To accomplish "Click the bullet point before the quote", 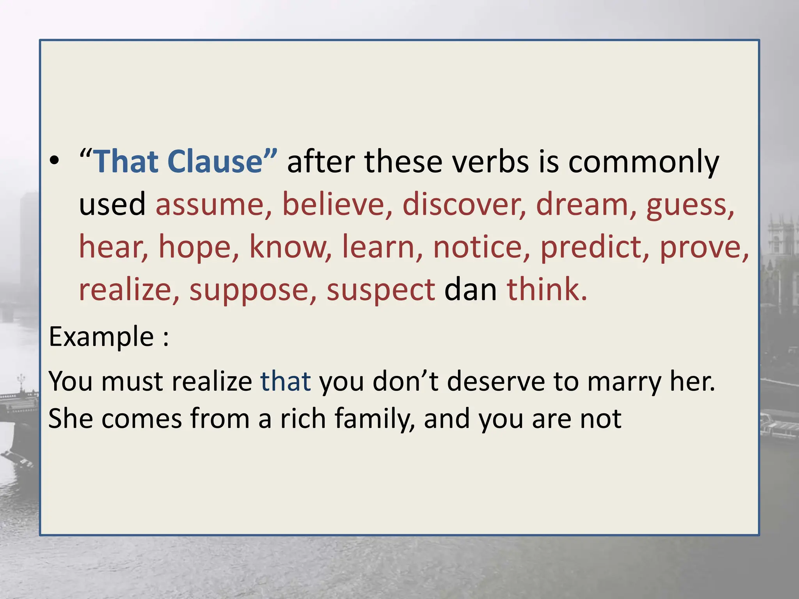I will [55, 161].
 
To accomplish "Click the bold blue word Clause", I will [216, 161].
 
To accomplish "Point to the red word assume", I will [210, 205].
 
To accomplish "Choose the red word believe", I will [333, 204].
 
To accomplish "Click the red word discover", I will [460, 204].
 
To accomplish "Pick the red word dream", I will [582, 204].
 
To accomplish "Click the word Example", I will [101, 337].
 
